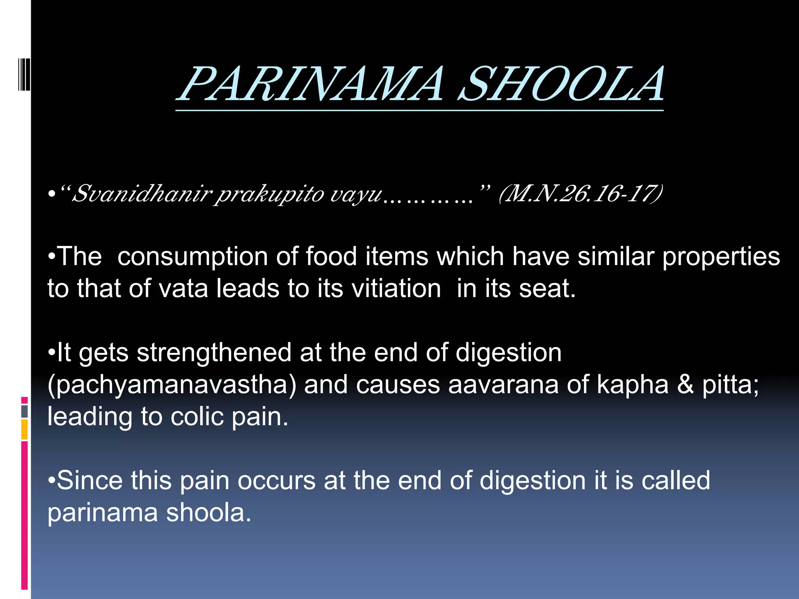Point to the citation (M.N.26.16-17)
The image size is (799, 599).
(581, 194)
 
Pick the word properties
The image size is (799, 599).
(721, 257)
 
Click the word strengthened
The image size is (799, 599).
(214, 353)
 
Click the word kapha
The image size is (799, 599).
(632, 385)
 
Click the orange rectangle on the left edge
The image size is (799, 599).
(24, 430)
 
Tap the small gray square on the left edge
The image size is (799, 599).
(24, 411)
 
